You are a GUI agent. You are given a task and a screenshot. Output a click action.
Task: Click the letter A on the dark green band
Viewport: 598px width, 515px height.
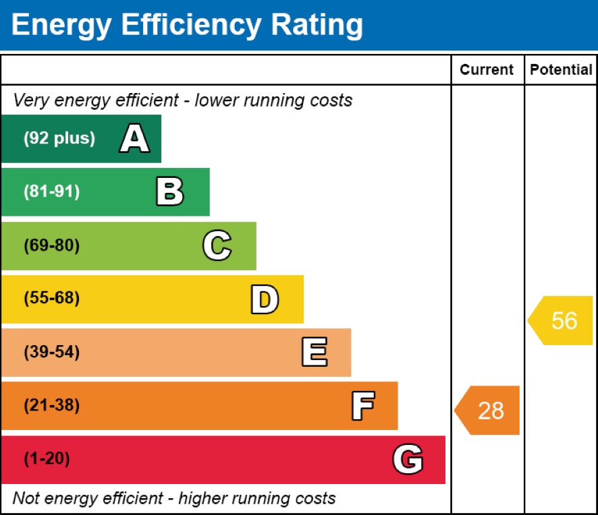tap(134, 140)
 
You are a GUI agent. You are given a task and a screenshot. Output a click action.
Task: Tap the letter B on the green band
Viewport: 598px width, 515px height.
tap(169, 192)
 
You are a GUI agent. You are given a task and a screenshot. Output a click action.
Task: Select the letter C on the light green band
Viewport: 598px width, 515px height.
tap(217, 246)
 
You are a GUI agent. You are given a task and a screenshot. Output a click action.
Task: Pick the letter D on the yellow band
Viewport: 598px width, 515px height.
tap(264, 299)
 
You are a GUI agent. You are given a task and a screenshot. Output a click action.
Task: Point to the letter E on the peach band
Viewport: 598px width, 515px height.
tap(314, 353)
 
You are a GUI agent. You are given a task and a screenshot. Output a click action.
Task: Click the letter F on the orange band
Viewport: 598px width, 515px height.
tap(362, 406)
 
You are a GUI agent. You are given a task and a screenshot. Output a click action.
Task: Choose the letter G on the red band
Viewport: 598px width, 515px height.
tap(408, 460)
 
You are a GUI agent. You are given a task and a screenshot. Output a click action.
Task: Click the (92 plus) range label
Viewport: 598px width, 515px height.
tap(59, 139)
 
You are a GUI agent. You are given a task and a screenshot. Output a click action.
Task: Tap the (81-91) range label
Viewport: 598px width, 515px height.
tap(51, 192)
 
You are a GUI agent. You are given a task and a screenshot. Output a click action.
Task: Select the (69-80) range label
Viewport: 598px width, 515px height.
tap(51, 246)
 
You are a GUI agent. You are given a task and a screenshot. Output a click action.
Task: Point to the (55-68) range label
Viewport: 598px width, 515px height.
tap(51, 299)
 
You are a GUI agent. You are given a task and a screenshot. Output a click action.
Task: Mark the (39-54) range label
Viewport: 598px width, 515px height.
tap(51, 353)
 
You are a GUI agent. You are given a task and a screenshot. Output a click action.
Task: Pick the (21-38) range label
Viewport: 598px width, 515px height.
tap(51, 406)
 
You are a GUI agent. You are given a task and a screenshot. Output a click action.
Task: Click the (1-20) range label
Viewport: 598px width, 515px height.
tap(47, 460)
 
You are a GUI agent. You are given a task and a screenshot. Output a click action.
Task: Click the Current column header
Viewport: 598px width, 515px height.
tap(487, 69)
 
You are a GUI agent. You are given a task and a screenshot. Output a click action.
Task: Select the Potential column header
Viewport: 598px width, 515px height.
tap(561, 69)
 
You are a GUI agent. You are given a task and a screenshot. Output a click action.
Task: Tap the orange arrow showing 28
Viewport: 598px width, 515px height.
tap(488, 410)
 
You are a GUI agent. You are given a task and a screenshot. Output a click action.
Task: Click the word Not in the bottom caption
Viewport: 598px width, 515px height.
tap(26, 498)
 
